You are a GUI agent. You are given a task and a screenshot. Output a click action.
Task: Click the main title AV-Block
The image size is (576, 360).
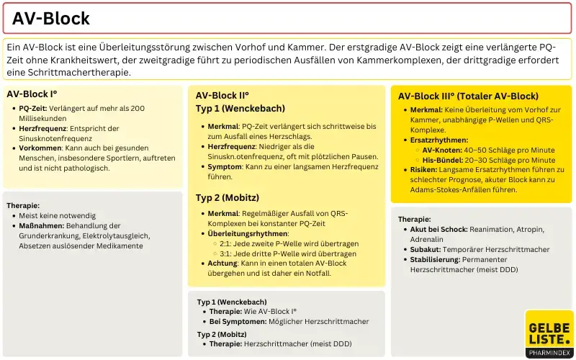coord(51,19)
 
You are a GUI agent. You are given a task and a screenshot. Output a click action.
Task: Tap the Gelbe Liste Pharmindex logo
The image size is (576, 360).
coord(549,333)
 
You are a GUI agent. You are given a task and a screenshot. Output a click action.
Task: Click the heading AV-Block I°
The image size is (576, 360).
coord(32,94)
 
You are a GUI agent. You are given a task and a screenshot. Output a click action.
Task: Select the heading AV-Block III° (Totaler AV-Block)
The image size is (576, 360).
coord(468,96)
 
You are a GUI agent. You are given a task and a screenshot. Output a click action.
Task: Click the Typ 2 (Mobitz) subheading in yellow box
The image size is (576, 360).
coord(228,197)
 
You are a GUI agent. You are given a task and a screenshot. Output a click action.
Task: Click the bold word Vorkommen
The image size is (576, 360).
coord(40,148)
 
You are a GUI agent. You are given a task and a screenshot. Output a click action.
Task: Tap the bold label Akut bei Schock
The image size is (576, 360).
coord(438,229)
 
